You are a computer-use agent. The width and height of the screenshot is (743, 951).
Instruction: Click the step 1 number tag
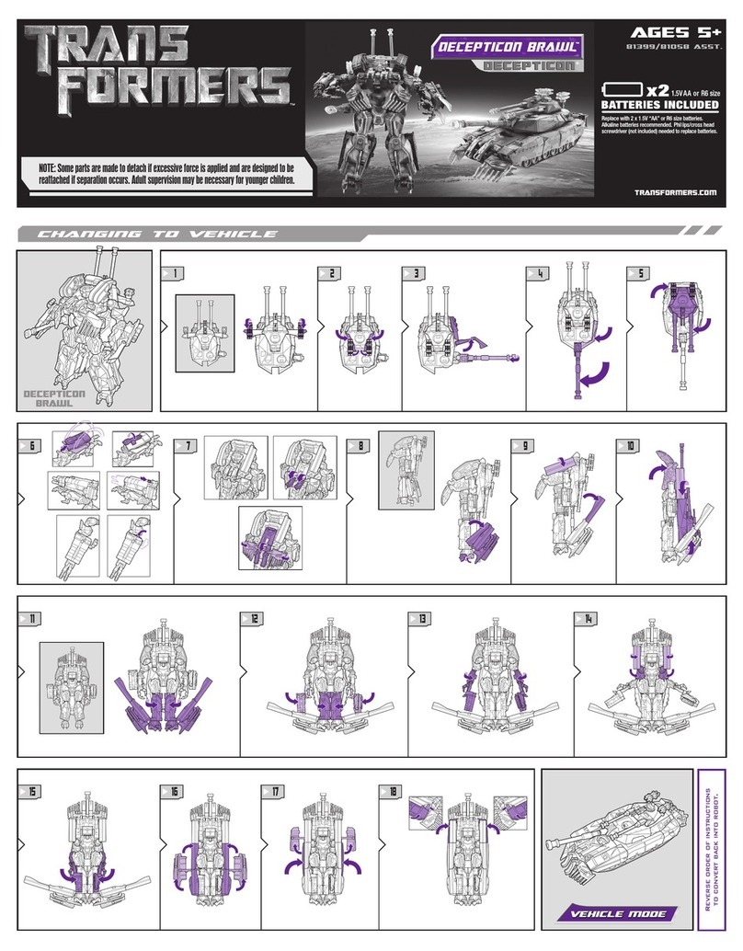click(x=172, y=273)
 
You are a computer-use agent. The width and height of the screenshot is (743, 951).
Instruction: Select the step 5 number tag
click(x=638, y=273)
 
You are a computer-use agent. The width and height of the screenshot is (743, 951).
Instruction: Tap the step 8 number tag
click(x=358, y=446)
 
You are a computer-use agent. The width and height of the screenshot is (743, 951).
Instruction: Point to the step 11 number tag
click(x=29, y=619)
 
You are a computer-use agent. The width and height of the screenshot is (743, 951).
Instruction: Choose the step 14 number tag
click(x=586, y=619)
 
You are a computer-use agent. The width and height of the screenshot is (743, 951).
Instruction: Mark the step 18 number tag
click(x=391, y=791)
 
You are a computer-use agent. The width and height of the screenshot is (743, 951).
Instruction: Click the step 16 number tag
click(x=172, y=791)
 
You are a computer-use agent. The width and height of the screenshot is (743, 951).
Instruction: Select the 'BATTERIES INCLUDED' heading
click(x=659, y=104)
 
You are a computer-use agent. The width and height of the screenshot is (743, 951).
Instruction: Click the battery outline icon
click(x=623, y=89)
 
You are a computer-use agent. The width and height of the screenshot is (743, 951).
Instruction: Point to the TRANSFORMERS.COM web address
click(x=675, y=192)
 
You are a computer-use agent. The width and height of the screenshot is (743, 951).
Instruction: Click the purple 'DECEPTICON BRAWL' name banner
click(x=507, y=47)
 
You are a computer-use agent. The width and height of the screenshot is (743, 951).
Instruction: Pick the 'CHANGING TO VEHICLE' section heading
click(x=156, y=234)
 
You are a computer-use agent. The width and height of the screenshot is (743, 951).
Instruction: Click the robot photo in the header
click(x=374, y=109)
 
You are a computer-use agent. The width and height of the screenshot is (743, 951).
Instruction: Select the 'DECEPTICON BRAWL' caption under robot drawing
click(x=54, y=398)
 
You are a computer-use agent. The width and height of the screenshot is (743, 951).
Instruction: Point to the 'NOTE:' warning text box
click(x=166, y=172)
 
